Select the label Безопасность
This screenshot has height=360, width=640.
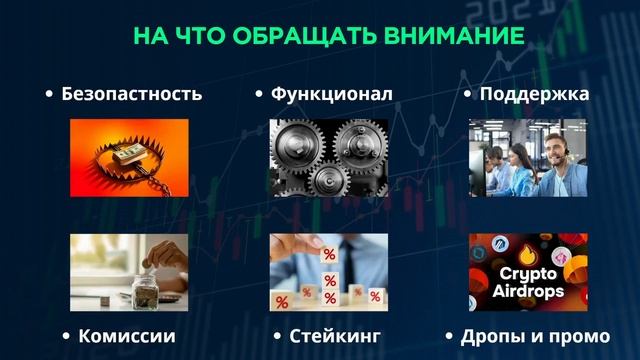pos(132,94)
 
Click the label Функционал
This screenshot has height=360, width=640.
pos(331,94)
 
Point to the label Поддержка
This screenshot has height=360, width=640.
pos(534,94)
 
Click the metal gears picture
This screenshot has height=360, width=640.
pos(328,158)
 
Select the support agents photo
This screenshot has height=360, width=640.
pos(529,158)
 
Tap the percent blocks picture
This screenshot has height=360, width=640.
pos(328,272)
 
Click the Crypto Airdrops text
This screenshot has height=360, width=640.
pos(529,283)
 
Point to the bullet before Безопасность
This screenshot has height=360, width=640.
pos(49,95)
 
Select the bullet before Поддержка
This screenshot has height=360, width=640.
pos(468,95)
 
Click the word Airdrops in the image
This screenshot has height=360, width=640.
pos(529,293)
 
